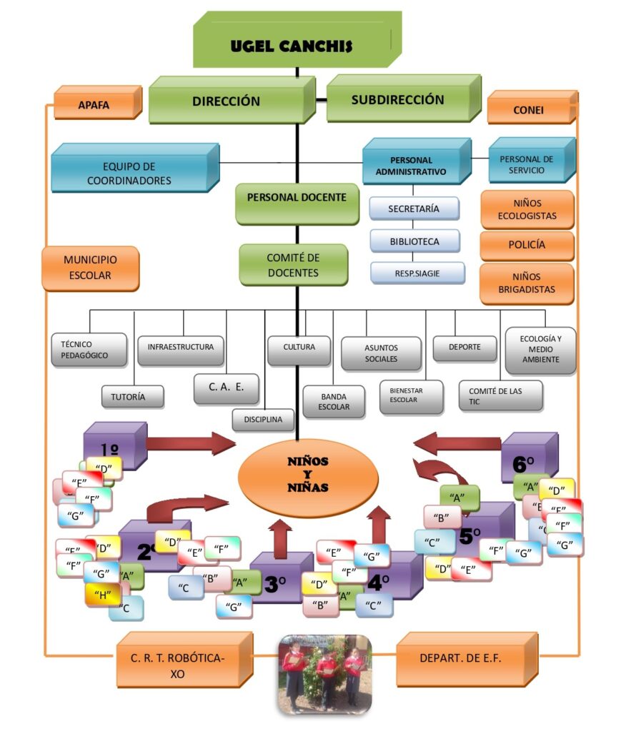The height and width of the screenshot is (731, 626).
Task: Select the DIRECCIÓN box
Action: click(226, 101)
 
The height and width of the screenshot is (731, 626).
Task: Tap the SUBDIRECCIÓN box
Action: click(397, 101)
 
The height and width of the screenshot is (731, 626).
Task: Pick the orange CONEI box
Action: click(528, 110)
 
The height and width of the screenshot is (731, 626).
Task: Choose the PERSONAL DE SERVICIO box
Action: click(527, 165)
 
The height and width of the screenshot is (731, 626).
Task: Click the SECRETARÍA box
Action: click(414, 208)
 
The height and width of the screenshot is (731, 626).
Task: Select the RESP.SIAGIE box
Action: click(417, 273)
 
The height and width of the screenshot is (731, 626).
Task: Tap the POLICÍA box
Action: click(527, 245)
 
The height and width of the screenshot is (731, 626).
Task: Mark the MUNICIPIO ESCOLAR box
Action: click(90, 268)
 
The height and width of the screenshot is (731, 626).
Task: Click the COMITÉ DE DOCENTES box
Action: click(293, 265)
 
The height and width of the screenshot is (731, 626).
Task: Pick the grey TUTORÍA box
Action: click(133, 396)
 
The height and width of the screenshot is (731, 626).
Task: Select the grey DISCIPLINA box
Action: click(263, 419)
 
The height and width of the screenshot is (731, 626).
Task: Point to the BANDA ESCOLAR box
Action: click(334, 401)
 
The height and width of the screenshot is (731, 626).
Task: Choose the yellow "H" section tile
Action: click(103, 594)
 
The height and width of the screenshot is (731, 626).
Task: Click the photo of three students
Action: click(324, 674)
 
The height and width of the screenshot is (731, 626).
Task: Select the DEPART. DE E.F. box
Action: click(466, 658)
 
